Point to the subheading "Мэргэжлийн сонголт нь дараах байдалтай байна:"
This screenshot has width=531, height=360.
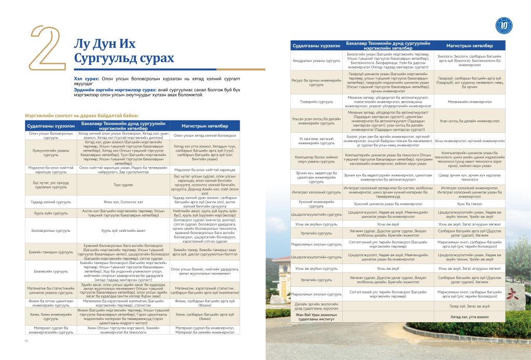coord(81,115)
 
